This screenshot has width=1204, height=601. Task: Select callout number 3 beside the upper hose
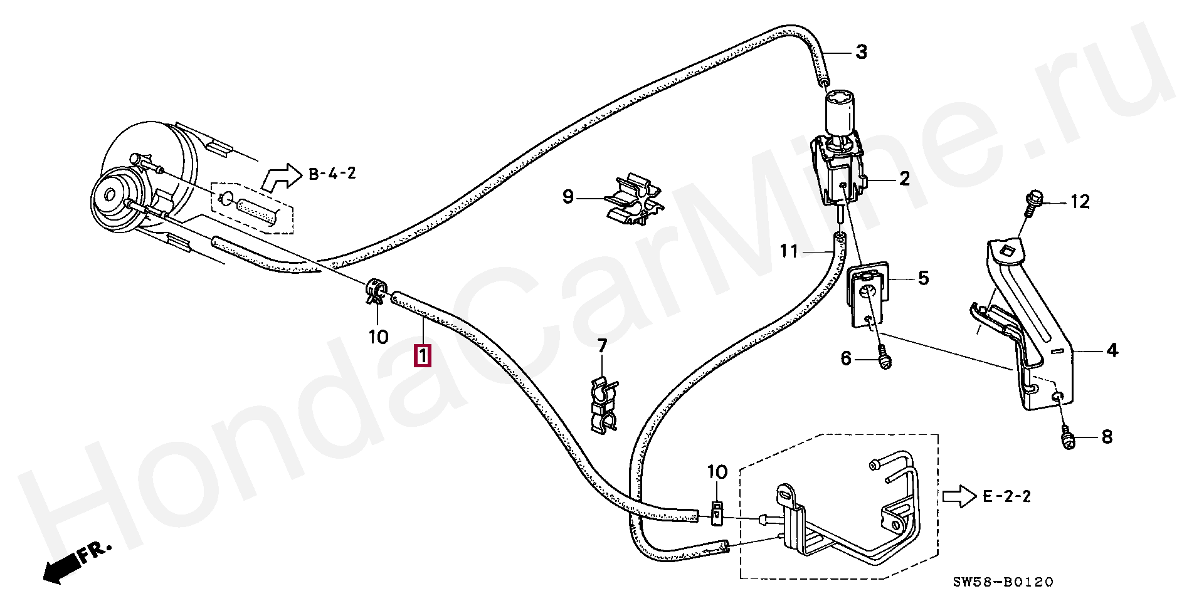[x=862, y=52]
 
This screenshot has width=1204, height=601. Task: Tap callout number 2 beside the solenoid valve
[x=904, y=179]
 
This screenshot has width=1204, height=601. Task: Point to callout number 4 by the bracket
[x=1112, y=350]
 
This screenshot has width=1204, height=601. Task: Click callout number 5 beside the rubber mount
[x=923, y=278]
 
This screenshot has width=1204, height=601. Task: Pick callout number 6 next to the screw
[x=846, y=358]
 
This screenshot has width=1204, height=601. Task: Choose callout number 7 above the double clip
[x=602, y=345]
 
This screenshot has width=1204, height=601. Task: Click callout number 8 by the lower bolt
[x=1106, y=437]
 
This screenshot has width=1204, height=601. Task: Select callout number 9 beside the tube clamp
[x=568, y=198]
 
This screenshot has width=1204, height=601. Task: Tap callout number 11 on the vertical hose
[x=789, y=252]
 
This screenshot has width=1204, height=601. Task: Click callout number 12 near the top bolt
[x=1080, y=202]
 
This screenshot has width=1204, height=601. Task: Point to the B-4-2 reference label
[x=332, y=174]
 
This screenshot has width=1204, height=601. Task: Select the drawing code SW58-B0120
[x=1003, y=583]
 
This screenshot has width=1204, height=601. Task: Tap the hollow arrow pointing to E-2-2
[x=959, y=497]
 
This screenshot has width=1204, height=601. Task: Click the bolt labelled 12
[x=1031, y=204]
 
